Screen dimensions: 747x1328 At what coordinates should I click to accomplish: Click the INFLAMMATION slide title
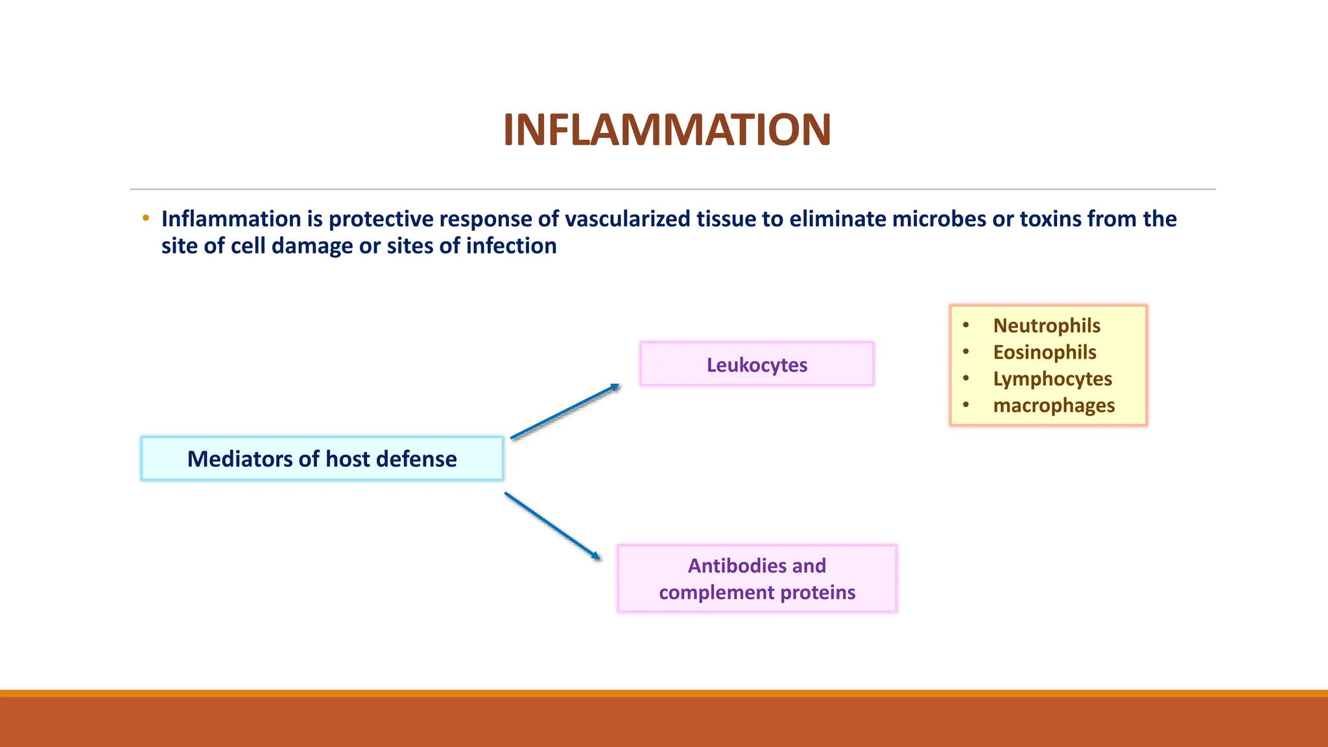click(667, 131)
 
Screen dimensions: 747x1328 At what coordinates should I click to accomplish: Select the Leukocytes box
click(757, 364)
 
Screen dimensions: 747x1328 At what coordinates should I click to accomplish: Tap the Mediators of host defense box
click(322, 459)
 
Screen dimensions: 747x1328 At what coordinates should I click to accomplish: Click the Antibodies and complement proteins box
click(757, 578)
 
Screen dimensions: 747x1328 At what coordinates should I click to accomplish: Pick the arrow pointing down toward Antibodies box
click(552, 525)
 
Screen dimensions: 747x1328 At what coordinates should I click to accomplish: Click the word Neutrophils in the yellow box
click(1047, 326)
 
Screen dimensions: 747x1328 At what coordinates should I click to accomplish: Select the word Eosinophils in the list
click(1045, 352)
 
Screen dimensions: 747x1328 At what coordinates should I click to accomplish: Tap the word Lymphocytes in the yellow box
click(1052, 379)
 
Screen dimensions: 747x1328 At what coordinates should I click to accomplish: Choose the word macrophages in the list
click(1054, 405)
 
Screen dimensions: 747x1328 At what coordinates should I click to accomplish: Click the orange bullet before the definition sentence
click(146, 218)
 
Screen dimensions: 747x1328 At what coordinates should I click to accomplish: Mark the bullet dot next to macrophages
click(966, 405)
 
